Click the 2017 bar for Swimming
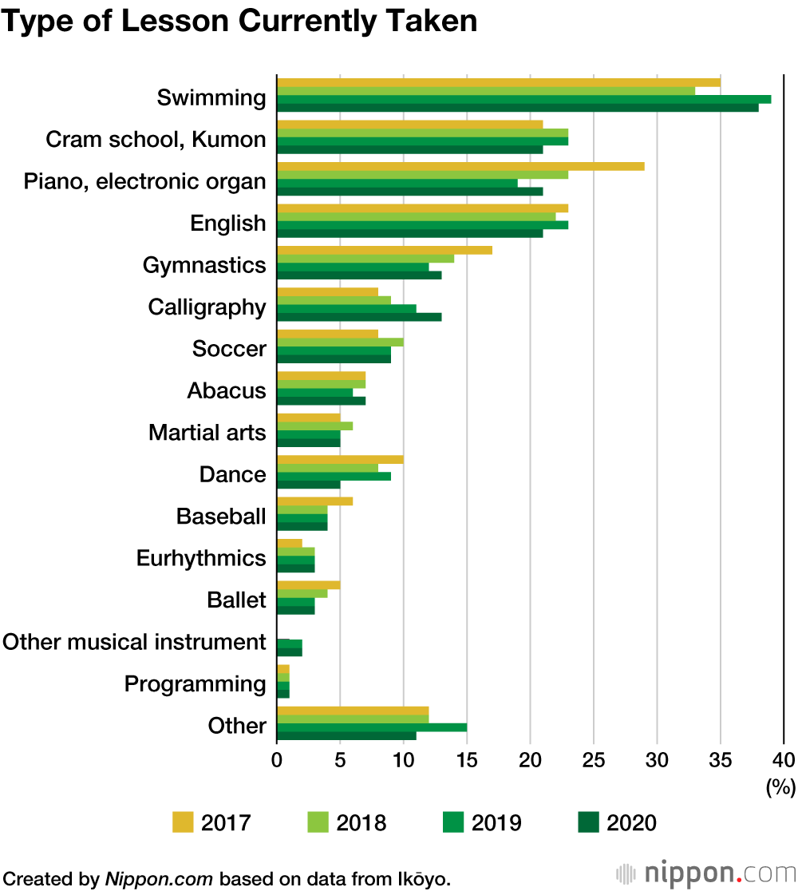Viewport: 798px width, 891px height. tap(499, 82)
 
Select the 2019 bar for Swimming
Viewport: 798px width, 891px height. tap(523, 99)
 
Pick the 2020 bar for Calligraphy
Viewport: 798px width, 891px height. tap(359, 317)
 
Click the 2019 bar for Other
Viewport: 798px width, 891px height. tap(372, 727)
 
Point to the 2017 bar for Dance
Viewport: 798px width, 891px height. tap(340, 459)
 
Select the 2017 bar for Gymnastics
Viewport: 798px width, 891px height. tap(385, 250)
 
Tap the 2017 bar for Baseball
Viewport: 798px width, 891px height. tap(314, 501)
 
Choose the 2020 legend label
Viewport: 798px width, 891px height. tap(631, 822)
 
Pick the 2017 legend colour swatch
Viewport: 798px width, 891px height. tap(183, 822)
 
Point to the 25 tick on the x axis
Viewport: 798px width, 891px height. tap(594, 758)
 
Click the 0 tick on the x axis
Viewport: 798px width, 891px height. tap(277, 758)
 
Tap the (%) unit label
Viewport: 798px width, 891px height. tap(780, 787)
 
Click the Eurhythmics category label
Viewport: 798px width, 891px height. tap(200, 558)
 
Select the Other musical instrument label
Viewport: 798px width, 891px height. tap(134, 642)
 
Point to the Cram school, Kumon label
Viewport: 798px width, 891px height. tap(156, 140)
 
